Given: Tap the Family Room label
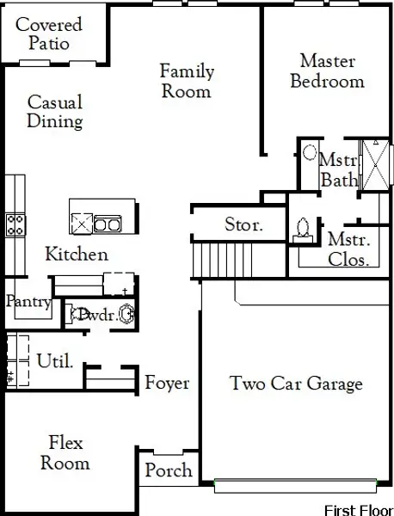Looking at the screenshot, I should click(187, 81).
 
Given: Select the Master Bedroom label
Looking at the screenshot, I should click(327, 71).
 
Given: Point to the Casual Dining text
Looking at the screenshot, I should click(55, 112).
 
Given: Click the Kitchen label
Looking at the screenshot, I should click(77, 255).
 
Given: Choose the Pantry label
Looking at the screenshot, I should click(28, 302).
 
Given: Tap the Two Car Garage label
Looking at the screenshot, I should click(296, 384).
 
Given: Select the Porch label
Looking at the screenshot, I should click(168, 471).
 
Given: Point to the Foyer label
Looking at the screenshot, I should click(167, 383).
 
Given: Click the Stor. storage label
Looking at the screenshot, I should click(243, 225).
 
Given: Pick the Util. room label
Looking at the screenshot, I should click(54, 361).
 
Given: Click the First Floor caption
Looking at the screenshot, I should click(357, 507).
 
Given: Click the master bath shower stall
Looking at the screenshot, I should click(375, 163).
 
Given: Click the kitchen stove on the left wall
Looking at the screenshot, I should click(15, 225).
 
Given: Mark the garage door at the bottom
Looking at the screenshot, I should click(297, 486).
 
